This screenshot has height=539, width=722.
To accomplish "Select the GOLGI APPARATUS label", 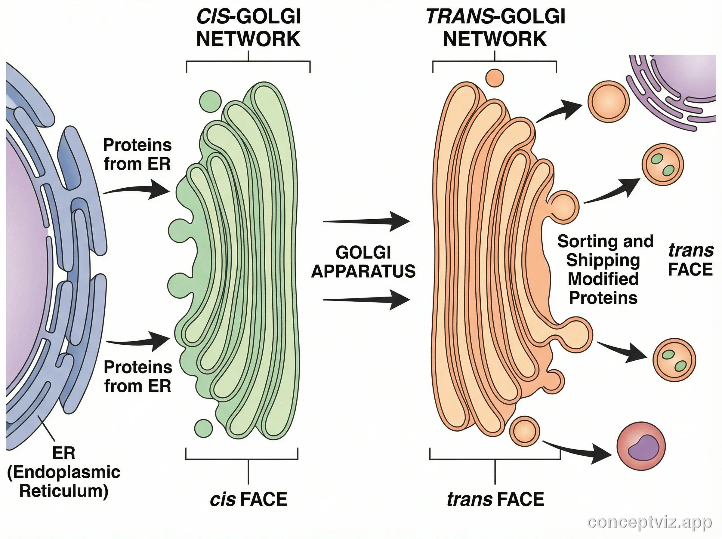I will pyautogui.click(x=363, y=262).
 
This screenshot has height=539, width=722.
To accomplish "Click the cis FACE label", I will pyautogui.click(x=248, y=499).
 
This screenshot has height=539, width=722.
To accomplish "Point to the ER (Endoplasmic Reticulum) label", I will pyautogui.click(x=64, y=472).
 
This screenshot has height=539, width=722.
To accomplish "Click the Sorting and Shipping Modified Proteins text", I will pyautogui.click(x=605, y=269).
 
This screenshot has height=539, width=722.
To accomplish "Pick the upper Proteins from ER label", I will pyautogui.click(x=137, y=154).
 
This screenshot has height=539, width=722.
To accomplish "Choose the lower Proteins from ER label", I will pyautogui.click(x=137, y=377).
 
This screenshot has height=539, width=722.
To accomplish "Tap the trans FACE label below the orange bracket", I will pyautogui.click(x=495, y=499).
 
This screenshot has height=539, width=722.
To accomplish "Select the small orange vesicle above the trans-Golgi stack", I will pyautogui.click(x=495, y=78).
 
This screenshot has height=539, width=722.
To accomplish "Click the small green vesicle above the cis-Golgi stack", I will pyautogui.click(x=211, y=102).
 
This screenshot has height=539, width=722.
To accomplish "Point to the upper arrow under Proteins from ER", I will pyautogui.click(x=137, y=191).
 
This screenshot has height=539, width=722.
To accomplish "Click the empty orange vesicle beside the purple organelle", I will pyautogui.click(x=609, y=102).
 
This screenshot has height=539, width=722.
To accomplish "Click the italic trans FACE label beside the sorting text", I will pyautogui.click(x=690, y=260).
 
